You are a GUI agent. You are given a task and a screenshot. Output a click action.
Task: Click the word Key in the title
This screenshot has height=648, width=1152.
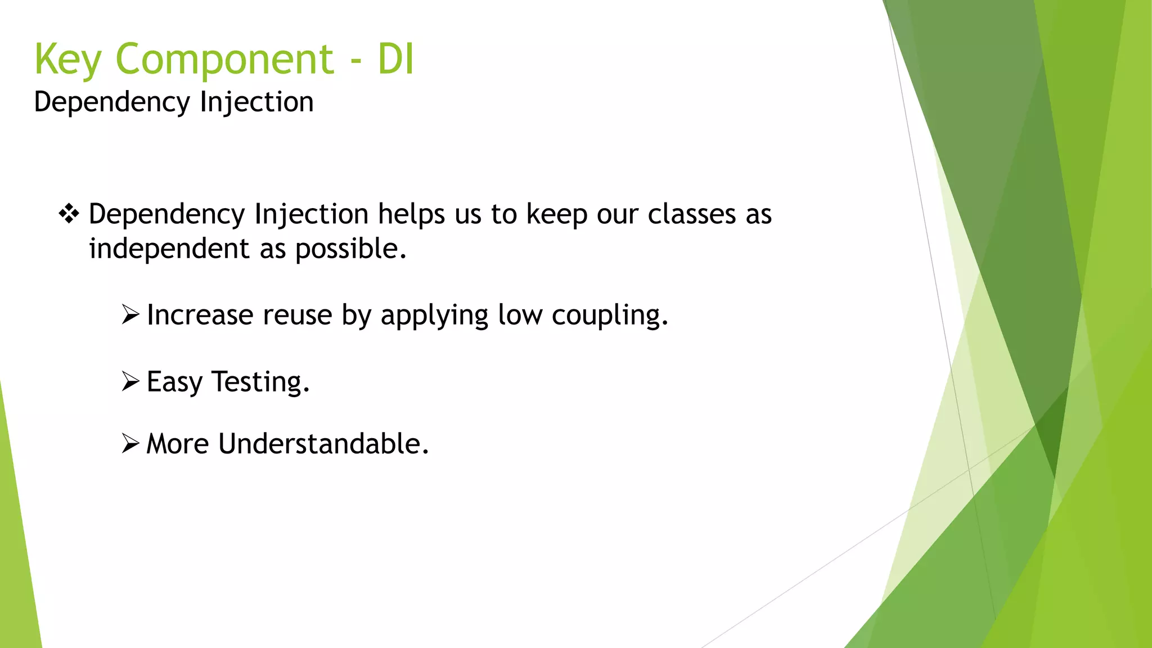click(68, 59)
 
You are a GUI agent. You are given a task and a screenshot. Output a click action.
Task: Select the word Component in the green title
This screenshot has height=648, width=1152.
click(225, 59)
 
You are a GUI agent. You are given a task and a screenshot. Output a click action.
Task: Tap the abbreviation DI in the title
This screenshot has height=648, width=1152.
click(396, 59)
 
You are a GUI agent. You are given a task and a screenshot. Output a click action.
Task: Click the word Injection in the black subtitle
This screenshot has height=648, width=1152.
click(256, 102)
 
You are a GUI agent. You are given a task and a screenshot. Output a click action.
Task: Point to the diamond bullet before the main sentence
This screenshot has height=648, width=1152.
click(69, 214)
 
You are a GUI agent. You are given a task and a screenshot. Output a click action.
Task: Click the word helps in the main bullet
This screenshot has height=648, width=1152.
click(411, 215)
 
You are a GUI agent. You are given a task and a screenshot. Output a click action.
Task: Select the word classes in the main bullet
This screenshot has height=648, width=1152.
click(692, 215)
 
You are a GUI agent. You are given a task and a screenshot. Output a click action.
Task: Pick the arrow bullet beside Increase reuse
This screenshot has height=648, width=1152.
click(130, 314)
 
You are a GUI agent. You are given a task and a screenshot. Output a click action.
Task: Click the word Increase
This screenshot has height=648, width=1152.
click(200, 315)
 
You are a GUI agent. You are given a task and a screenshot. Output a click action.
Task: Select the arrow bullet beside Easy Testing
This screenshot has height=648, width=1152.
click(130, 381)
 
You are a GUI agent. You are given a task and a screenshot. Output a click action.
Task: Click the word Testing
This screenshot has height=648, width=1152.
click(260, 382)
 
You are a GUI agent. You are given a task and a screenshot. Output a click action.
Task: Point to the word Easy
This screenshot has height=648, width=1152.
click(174, 382)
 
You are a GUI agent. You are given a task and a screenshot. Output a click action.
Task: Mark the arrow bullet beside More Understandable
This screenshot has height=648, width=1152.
click(130, 443)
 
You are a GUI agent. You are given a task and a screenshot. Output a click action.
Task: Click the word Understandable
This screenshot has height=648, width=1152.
click(323, 444)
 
